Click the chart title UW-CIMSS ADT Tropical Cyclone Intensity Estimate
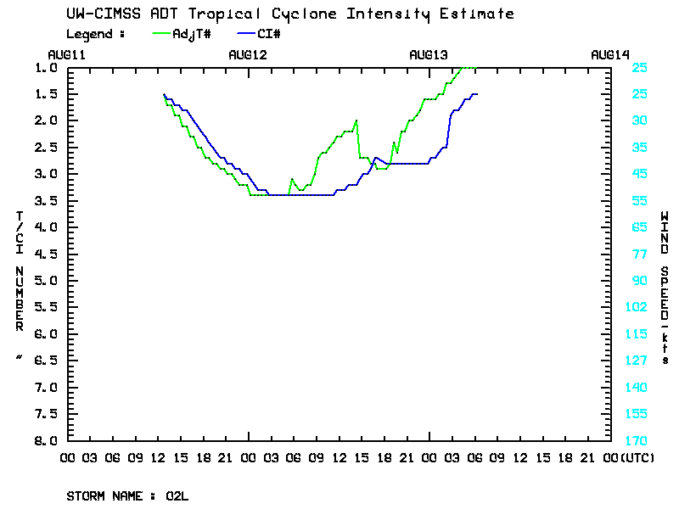click(x=289, y=14)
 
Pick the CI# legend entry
click(x=267, y=34)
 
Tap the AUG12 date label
click(x=248, y=54)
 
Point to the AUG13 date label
click(x=429, y=54)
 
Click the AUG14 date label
click(x=609, y=54)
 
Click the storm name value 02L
click(x=177, y=495)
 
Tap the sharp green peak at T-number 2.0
click(x=356, y=120)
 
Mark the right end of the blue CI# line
click(x=477, y=94)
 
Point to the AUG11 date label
click(x=67, y=54)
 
